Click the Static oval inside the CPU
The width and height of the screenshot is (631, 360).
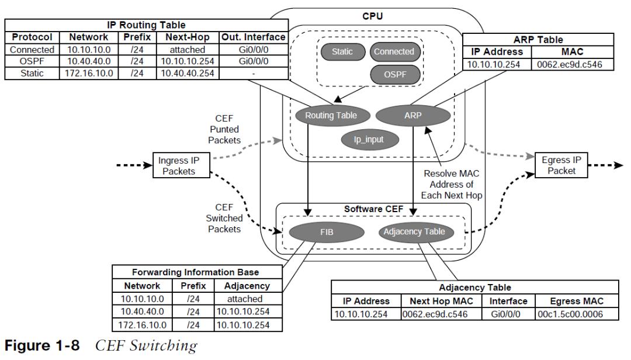coord(342,51)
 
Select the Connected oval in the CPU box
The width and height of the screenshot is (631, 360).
coord(394,51)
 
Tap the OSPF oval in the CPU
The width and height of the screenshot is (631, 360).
coord(395,74)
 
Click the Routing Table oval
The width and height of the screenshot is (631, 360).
coord(331,116)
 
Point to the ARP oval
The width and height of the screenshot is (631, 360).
coord(413,116)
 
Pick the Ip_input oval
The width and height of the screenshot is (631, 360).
coord(369,140)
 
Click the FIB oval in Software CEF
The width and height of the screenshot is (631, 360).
coord(327,233)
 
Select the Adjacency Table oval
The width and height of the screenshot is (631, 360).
coord(414,232)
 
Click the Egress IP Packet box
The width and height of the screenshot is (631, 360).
coord(561,165)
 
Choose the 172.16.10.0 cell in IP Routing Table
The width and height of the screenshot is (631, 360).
coord(89,73)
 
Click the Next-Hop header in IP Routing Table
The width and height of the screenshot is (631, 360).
coord(188,37)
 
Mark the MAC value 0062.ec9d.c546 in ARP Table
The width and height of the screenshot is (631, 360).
coord(569,64)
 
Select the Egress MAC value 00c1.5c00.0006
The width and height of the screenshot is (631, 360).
coord(570,314)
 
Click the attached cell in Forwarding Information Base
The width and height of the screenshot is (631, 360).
coord(245,299)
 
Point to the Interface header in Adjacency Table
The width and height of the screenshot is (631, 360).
coord(508,301)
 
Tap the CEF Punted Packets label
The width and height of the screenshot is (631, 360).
coord(224,129)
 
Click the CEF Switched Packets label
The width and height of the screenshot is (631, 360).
coord(224,218)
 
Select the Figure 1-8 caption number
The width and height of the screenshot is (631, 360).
coord(42,346)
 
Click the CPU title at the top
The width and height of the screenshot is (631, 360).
coord(373,16)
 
